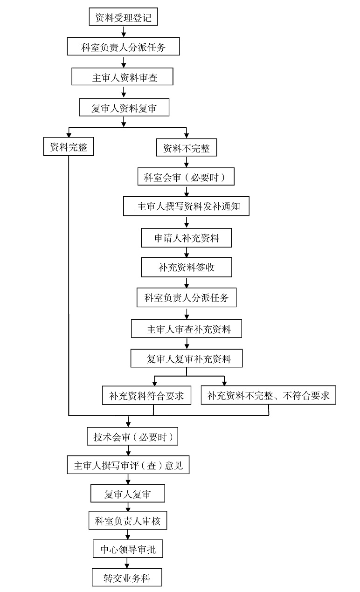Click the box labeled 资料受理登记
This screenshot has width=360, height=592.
coord(123,17)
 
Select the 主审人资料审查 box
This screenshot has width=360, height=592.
coord(122,76)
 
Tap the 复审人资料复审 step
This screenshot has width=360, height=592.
coord(124,107)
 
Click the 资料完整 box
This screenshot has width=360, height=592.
coord(69,146)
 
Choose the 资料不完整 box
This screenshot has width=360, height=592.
coord(187,147)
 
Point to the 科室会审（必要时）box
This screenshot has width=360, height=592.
coord(186,176)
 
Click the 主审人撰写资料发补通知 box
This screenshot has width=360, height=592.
coord(186,206)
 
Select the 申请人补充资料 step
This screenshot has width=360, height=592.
coord(187,238)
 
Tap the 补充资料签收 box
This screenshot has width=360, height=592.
coord(187,267)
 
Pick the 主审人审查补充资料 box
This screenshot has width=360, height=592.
coord(187,329)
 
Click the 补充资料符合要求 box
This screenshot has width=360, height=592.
coord(147,395)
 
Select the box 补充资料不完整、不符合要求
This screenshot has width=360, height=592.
coord(268,395)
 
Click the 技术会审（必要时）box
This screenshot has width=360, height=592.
coord(132,436)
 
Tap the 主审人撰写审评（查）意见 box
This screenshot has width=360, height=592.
coord(128,465)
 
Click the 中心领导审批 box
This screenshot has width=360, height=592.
coord(128,549)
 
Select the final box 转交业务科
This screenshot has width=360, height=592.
coord(127,577)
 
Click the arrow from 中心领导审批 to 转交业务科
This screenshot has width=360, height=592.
coord(127,563)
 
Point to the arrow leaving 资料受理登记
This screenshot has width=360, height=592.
coord(124,31)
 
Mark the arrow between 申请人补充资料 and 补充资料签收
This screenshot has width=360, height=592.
coord(187,252)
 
